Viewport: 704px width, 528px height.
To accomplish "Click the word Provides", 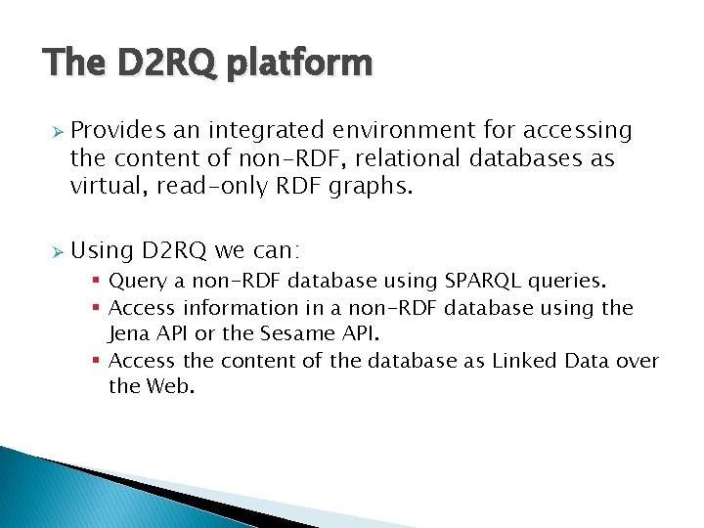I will [x=118, y=130].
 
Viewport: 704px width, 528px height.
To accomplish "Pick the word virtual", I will [x=105, y=185].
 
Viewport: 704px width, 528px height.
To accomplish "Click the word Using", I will [x=102, y=251].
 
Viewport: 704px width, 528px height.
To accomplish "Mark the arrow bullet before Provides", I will [x=57, y=131].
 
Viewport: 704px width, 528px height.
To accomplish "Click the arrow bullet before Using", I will [x=57, y=252].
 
